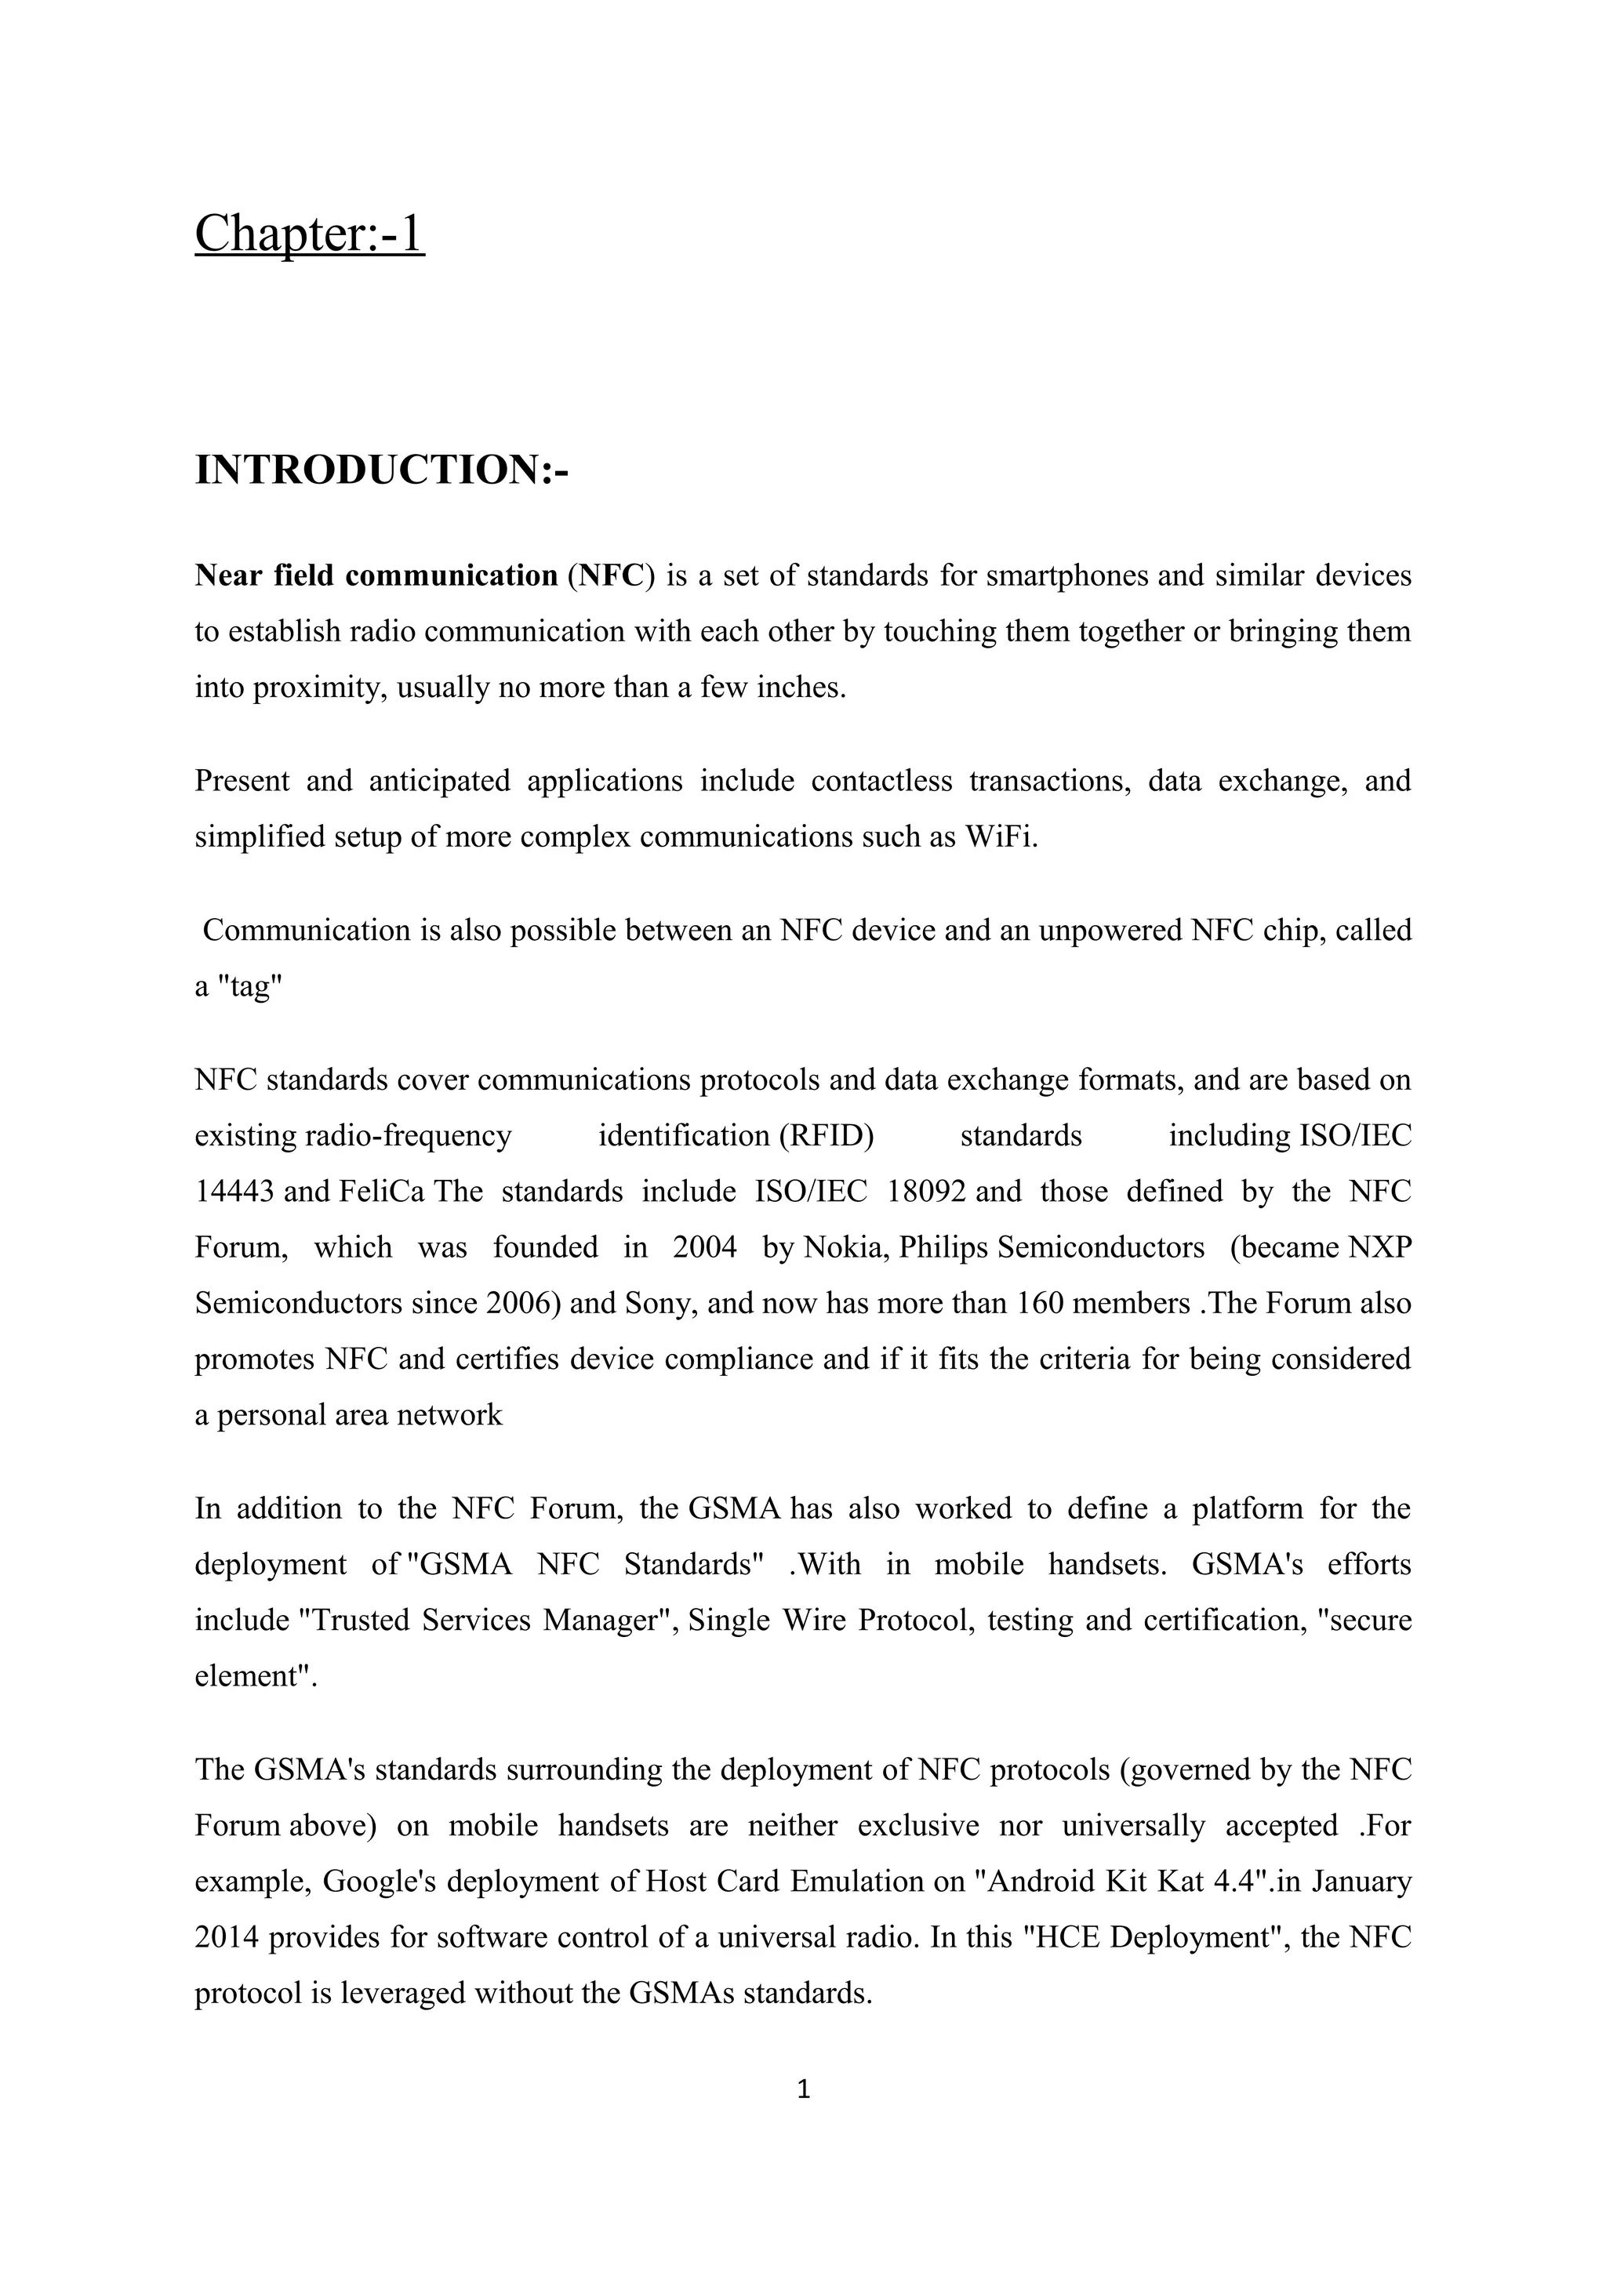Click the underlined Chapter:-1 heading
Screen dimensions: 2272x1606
[x=310, y=235]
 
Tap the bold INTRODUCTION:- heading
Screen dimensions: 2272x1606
[x=382, y=470]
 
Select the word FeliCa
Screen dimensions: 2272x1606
[x=381, y=1192]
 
